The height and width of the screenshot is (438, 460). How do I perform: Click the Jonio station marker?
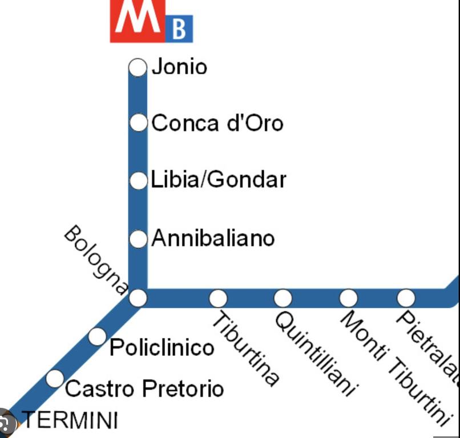point(138,67)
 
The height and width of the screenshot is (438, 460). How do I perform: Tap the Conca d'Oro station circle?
point(138,123)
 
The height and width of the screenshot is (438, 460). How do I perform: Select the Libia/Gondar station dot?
point(138,181)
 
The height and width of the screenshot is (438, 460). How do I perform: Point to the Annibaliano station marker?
point(138,239)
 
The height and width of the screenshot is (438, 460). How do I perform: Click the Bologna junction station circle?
point(138,298)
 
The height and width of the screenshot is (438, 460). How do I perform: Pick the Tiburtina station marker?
point(218,298)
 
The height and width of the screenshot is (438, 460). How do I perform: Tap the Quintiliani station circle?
point(283,298)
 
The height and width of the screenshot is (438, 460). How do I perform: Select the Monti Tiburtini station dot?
point(348,298)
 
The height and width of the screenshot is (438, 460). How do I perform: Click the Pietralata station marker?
point(406,298)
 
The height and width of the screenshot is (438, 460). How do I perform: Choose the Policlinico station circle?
point(97,336)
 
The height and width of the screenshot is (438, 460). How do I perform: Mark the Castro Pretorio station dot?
point(55,378)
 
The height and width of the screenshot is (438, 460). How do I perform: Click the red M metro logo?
point(137,20)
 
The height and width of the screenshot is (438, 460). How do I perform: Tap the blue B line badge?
point(179,29)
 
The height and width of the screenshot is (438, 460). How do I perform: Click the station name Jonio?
point(179,67)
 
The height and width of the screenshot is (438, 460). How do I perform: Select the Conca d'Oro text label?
point(217,123)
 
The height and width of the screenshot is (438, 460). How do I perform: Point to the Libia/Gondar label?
point(219,180)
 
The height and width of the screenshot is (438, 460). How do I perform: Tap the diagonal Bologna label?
point(95,259)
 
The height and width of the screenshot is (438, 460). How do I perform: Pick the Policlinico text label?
point(162,347)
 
